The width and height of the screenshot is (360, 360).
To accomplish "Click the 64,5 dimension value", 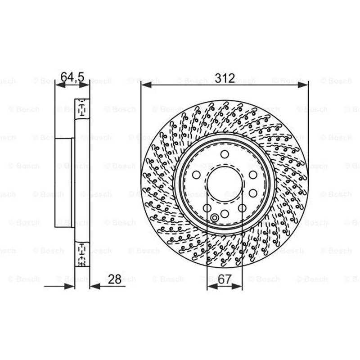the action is pos(72,77).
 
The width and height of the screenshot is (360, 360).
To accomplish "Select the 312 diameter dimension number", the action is pos(225,78).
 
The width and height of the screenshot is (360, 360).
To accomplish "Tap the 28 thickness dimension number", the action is pos(114,279).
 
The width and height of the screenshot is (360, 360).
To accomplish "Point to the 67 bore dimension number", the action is pos(225,279).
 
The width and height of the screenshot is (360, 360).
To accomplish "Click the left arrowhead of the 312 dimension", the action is pos(146,85).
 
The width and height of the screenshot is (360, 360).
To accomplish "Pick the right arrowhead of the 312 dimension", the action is pos(303,85).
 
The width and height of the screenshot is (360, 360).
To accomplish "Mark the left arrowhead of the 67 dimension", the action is pos(212,286).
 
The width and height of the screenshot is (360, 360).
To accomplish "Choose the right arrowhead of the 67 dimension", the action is pos(237,286).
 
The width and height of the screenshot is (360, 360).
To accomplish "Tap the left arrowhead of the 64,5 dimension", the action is pos(60,85).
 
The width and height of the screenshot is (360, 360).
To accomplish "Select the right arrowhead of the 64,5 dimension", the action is pos(84,85).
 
